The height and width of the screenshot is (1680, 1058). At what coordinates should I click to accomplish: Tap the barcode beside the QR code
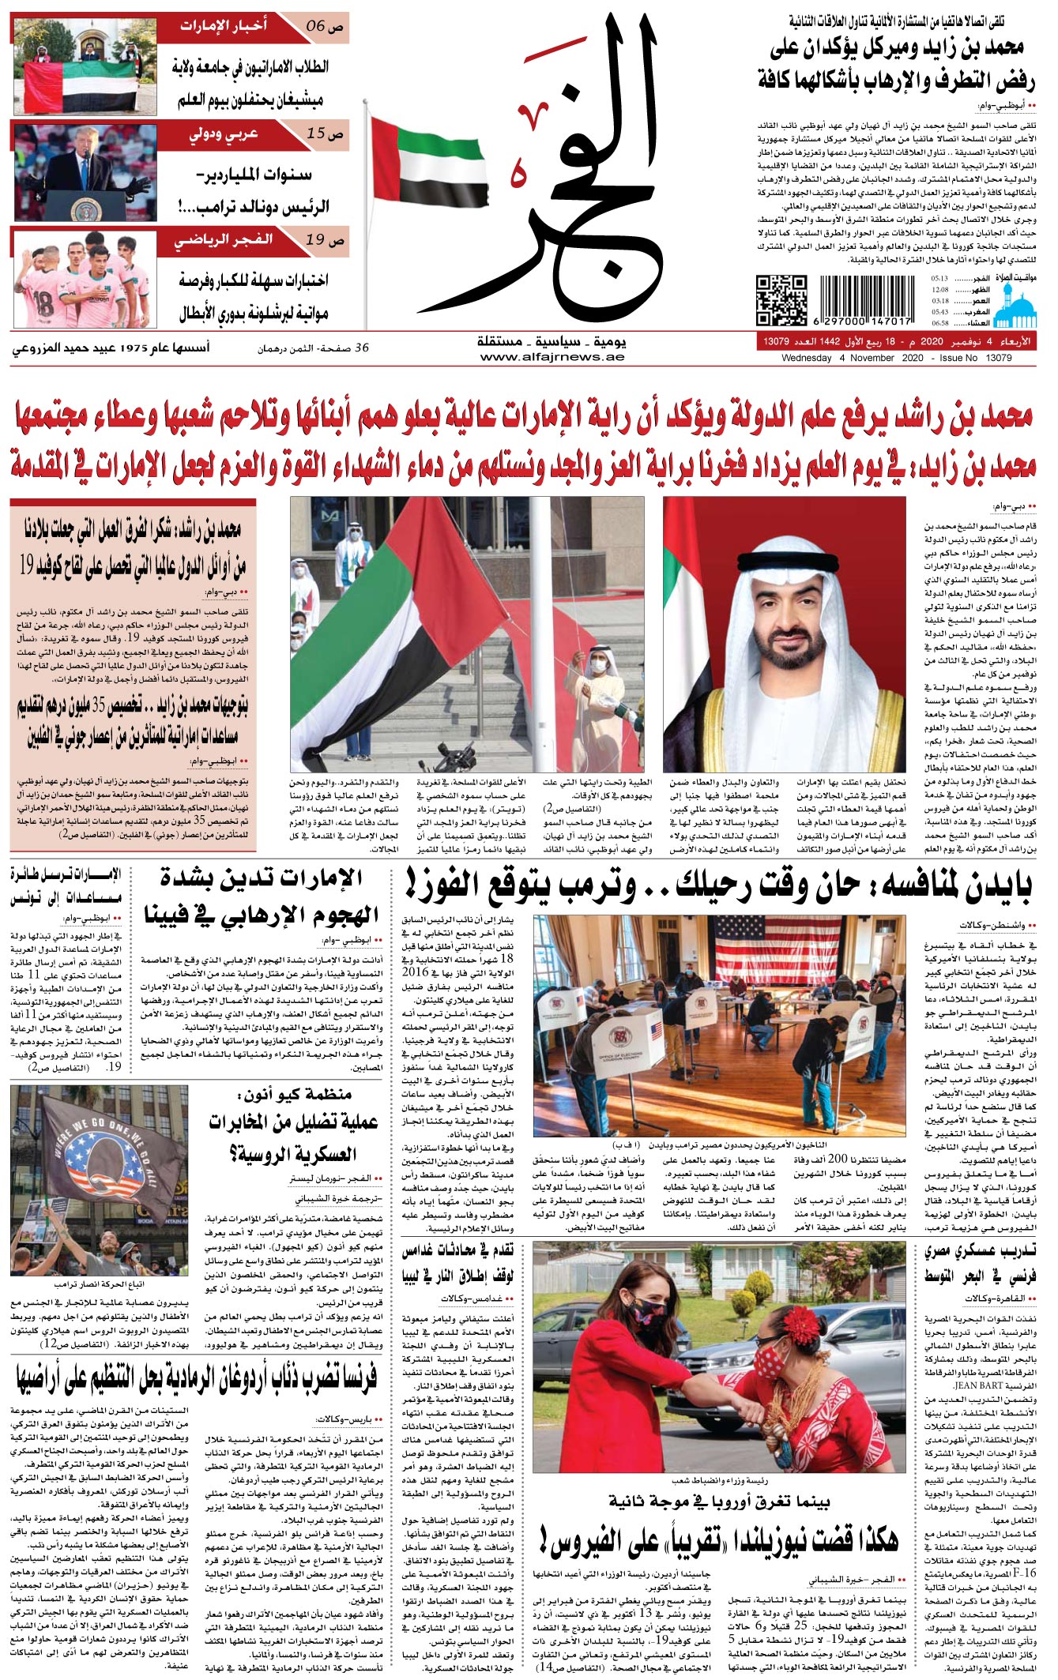click(865, 300)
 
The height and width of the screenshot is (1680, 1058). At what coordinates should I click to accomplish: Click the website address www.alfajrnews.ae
click(552, 357)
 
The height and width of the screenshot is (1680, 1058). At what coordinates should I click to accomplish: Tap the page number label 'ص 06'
click(324, 25)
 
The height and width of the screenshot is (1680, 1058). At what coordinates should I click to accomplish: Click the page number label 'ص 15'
click(325, 133)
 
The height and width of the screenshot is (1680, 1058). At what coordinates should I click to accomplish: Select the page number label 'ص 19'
click(325, 240)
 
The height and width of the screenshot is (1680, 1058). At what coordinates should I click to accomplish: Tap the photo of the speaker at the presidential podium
click(85, 172)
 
